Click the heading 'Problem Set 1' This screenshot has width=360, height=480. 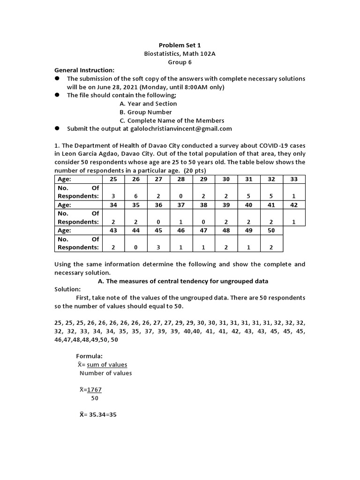pos(180,45)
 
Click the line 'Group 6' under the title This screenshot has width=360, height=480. pos(180,62)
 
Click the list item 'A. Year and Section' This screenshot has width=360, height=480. pos(148,104)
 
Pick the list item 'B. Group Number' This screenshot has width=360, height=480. pos(145,112)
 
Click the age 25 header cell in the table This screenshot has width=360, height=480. pos(113,179)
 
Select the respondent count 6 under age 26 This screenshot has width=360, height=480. pos(135,196)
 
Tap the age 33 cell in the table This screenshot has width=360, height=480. pos(293,179)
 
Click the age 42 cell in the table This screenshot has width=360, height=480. pos(293,205)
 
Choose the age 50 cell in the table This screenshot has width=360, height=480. pos(271,231)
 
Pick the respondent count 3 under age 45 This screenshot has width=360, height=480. pos(158,247)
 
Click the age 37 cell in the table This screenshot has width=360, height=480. pos(180,205)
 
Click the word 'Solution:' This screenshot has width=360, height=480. pos(67,289)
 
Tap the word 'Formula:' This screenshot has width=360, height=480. pos(89,356)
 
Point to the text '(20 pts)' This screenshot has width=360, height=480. pos(194,170)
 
